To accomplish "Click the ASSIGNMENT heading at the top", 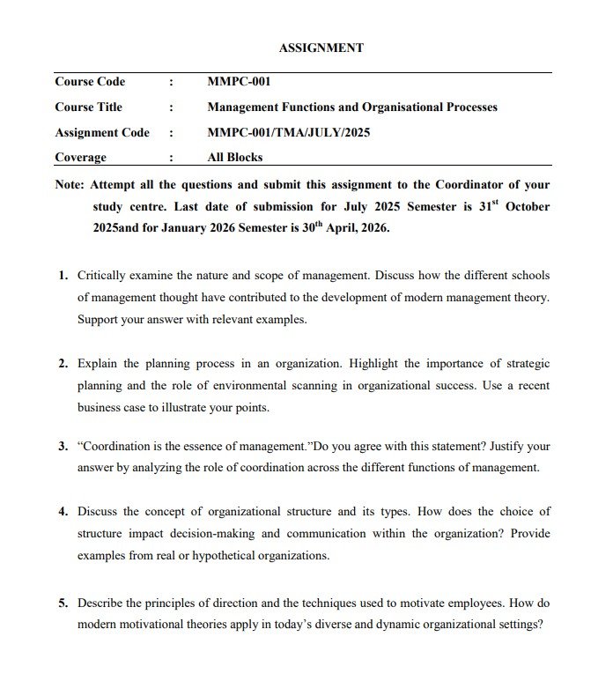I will click(x=321, y=48).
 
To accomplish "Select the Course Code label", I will click(x=90, y=82).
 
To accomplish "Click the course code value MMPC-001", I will click(x=238, y=82).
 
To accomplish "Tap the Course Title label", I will click(x=88, y=107).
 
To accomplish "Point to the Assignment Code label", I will click(x=102, y=133).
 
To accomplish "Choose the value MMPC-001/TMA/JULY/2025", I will click(x=288, y=133).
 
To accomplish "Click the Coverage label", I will click(x=80, y=158).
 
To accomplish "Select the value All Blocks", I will click(x=234, y=158).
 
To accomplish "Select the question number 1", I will click(x=63, y=275).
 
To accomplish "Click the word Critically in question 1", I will click(x=103, y=275).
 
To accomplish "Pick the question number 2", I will click(x=63, y=363).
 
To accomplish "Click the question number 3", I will click(x=63, y=446).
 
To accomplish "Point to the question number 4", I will click(x=63, y=512).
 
